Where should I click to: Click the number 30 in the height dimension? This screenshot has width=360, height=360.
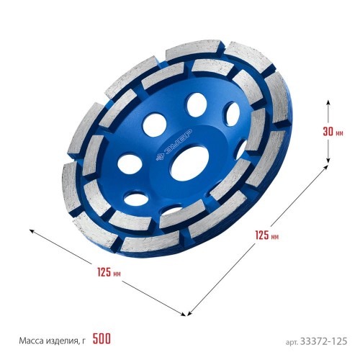tap(328, 132)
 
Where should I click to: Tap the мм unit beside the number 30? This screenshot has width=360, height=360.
tap(339, 133)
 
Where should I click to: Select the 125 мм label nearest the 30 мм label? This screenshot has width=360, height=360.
tap(267, 235)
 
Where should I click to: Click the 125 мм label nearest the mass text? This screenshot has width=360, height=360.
tap(109, 272)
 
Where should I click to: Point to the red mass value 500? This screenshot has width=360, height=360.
tap(102, 338)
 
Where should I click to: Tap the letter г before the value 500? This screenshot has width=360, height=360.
tap(83, 341)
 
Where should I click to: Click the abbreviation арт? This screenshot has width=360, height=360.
tap(292, 342)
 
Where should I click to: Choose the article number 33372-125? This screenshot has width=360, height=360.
tap(323, 341)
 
